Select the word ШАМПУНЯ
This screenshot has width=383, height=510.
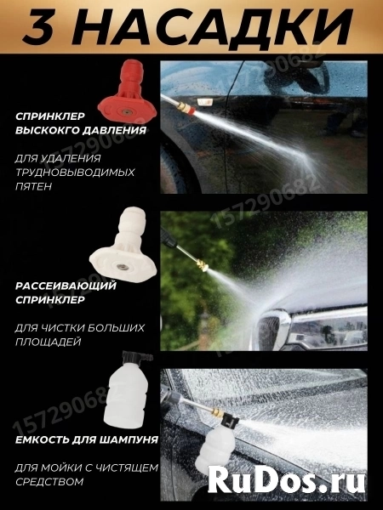click(137, 441)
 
